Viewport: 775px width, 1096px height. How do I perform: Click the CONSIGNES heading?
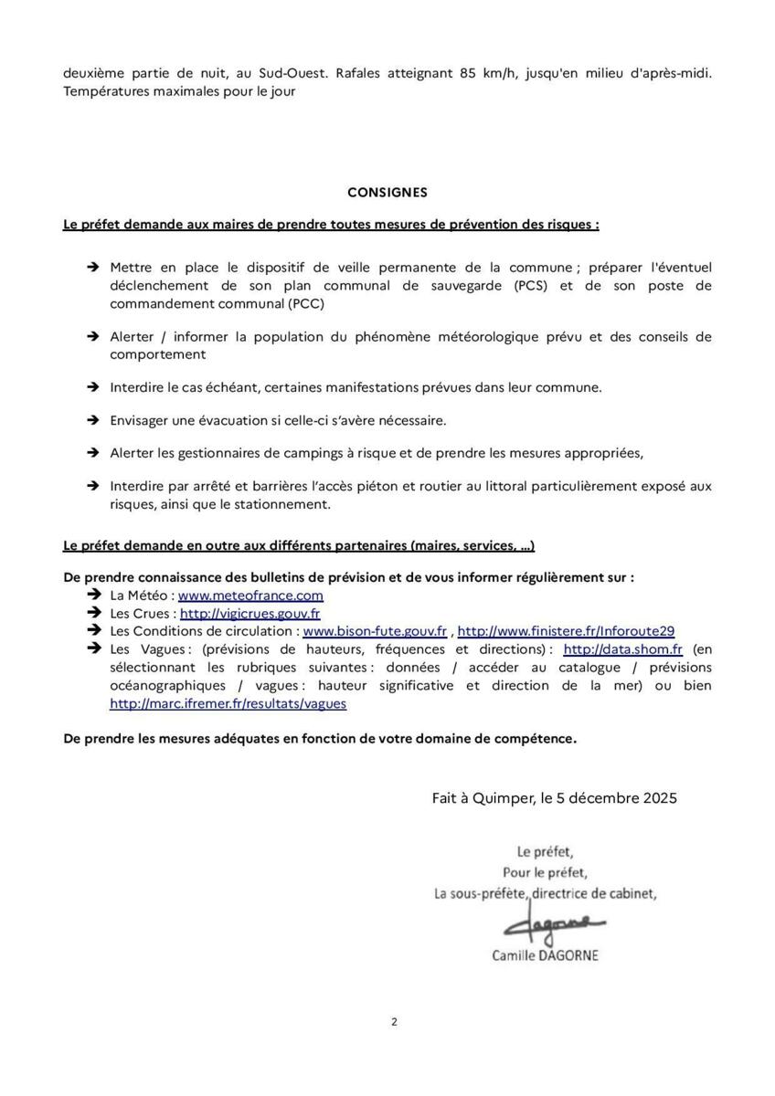(387, 193)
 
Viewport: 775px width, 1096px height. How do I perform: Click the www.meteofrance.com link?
(250, 595)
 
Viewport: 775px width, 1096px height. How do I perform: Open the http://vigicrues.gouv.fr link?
(249, 614)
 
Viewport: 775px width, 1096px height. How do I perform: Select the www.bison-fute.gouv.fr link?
(375, 631)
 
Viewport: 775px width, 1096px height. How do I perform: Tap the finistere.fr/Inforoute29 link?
(566, 631)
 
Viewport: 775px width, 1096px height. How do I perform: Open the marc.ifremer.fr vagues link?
(228, 704)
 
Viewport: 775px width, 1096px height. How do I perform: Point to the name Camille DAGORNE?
(545, 955)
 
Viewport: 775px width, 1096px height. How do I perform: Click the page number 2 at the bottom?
(394, 1022)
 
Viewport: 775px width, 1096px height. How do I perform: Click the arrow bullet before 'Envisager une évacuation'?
(92, 420)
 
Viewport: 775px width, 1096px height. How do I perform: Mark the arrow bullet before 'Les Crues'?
(92, 614)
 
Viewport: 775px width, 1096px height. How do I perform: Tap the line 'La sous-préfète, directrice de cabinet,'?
(545, 894)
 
